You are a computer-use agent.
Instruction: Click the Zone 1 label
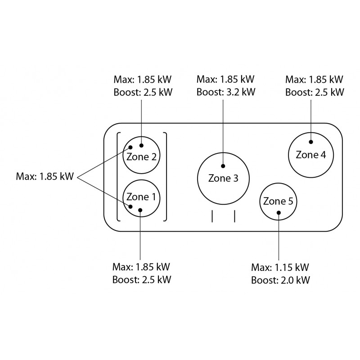[141, 197]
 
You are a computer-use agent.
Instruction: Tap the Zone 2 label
[141, 157]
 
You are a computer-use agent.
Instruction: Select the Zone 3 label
[223, 178]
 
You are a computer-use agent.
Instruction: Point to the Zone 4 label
[311, 155]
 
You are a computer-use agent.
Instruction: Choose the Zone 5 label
[278, 201]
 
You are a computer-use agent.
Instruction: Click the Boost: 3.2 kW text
[226, 92]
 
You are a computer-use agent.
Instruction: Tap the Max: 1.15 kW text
[280, 267]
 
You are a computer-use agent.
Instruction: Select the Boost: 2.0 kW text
[280, 280]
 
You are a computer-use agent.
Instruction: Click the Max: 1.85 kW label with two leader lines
[45, 176]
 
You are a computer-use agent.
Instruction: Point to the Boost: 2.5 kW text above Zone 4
[315, 92]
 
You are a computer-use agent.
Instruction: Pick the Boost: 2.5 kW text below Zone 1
[142, 279]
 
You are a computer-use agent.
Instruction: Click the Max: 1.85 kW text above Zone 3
[225, 79]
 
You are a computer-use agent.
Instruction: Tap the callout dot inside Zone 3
[223, 166]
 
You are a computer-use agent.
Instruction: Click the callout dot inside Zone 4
[311, 142]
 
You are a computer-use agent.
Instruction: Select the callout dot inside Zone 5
[279, 212]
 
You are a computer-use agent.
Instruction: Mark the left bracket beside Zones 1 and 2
[117, 177]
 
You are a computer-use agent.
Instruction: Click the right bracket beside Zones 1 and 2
[166, 177]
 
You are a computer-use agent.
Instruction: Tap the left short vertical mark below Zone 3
[212, 216]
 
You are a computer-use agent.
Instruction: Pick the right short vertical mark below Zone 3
[234, 216]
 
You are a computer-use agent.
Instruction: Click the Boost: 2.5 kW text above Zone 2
[143, 92]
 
